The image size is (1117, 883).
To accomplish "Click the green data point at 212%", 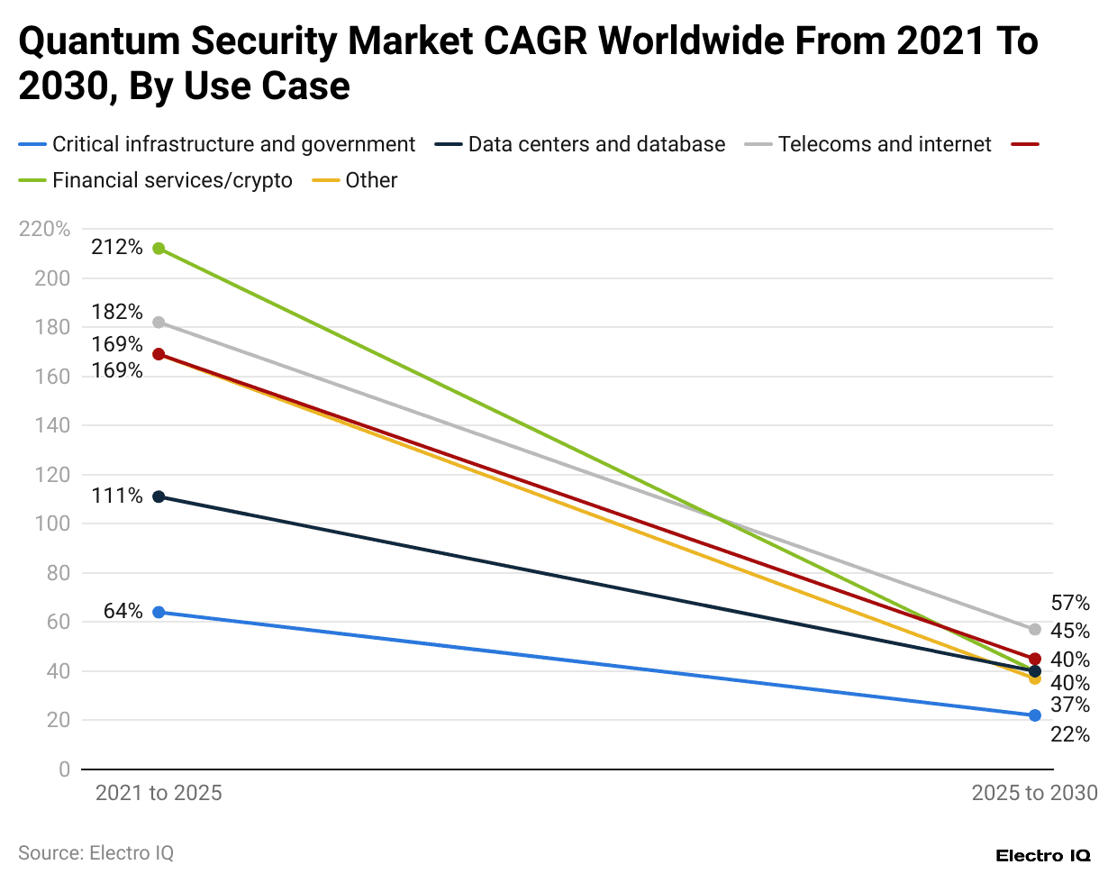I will pos(159,249).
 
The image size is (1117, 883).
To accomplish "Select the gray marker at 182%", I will pos(159,323).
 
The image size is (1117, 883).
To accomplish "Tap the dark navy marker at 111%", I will pos(159,496).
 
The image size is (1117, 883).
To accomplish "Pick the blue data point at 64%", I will pos(159,612).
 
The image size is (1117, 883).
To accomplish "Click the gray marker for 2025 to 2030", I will pos(1035,629).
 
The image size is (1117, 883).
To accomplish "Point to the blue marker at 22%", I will pos(1035,715).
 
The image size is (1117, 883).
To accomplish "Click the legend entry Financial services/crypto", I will pos(172,180).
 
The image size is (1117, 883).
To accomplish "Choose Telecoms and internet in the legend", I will pos(884,144).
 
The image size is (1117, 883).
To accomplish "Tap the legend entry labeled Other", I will pos(370,180).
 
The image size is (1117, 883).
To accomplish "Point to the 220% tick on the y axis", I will pos(44,229).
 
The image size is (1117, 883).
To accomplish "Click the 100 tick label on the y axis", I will pos(52,523).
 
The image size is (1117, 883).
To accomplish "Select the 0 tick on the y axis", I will pos(64,769).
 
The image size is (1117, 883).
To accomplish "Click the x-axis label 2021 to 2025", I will pos(159,793).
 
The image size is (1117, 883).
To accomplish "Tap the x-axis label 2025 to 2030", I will pos(1034,793).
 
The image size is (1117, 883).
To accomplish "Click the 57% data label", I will pos(1070,603).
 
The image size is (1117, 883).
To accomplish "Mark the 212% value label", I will pos(117,247).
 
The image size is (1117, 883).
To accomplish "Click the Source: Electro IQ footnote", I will pos(95,852).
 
